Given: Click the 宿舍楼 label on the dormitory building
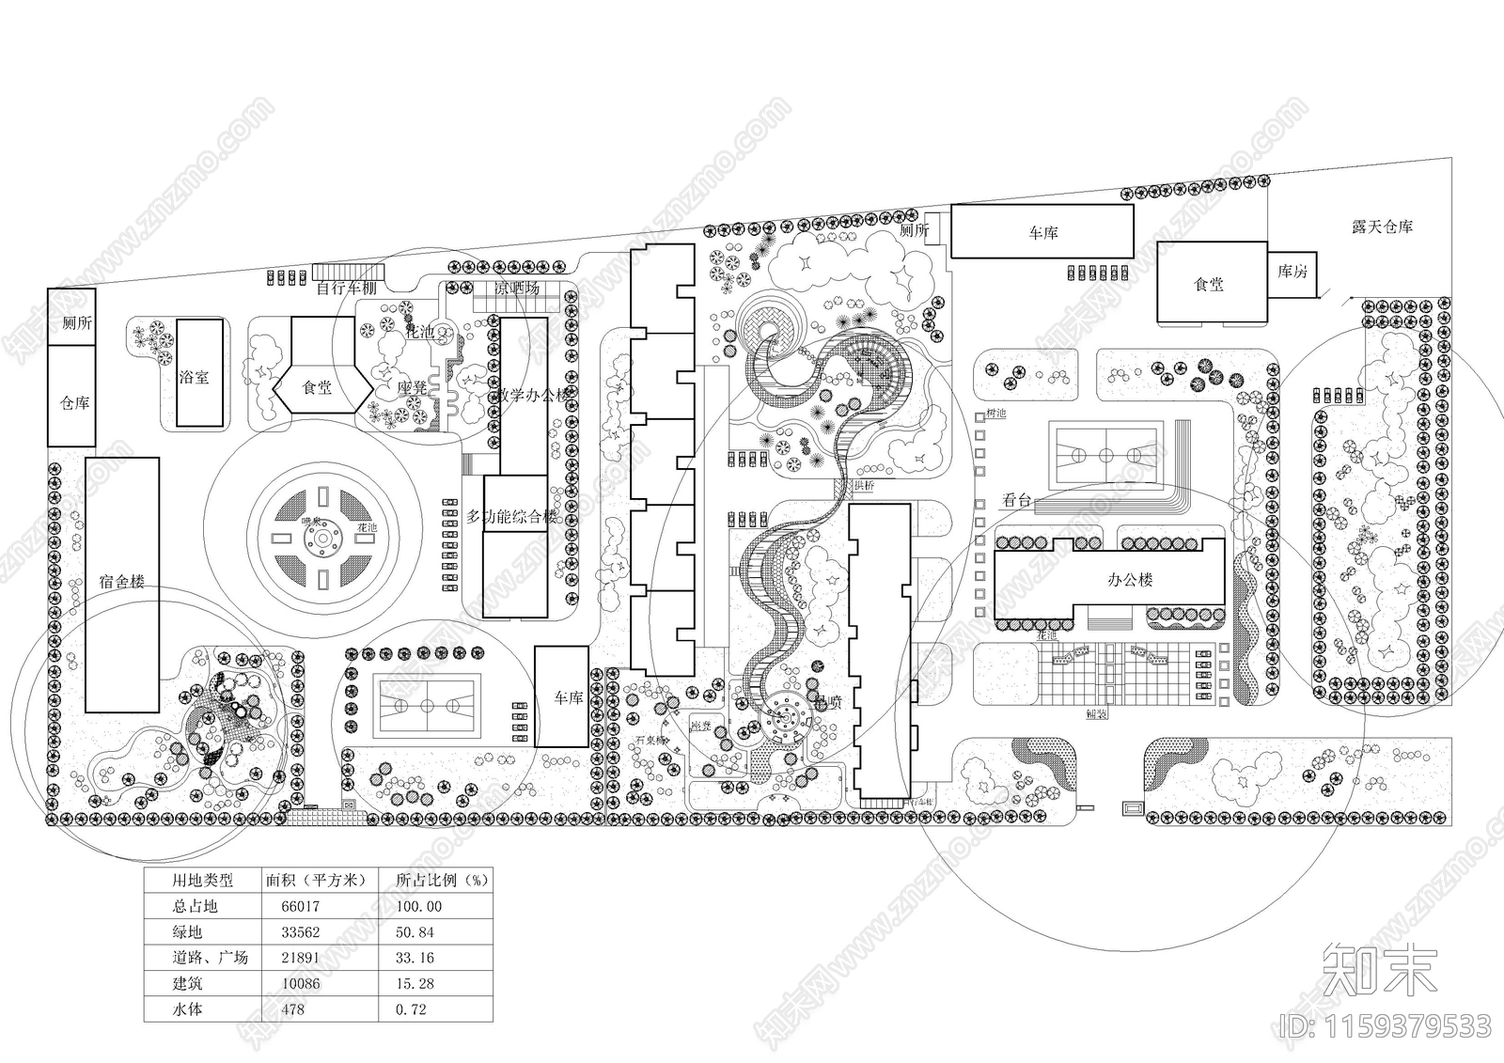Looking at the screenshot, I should point(121,582).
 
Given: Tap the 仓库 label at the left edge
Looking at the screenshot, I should point(74,403).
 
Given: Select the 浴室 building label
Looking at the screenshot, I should point(194,378).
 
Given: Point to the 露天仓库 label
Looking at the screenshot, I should point(1382,227).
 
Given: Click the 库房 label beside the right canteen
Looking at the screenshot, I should point(1292,272).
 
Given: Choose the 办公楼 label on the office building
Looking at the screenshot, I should point(1129,580).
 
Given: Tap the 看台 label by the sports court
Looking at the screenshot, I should point(1016,501).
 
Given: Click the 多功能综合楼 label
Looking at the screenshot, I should point(512,516).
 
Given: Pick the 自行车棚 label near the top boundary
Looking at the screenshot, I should point(345,289).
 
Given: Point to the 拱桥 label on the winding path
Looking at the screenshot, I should point(863,486).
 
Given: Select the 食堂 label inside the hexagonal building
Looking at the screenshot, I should point(317,387).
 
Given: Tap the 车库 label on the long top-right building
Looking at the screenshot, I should point(1042,232).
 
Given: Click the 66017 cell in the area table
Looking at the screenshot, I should point(301,907).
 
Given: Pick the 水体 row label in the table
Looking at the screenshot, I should point(187,1009).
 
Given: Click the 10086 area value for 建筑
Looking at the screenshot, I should point(301,984).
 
